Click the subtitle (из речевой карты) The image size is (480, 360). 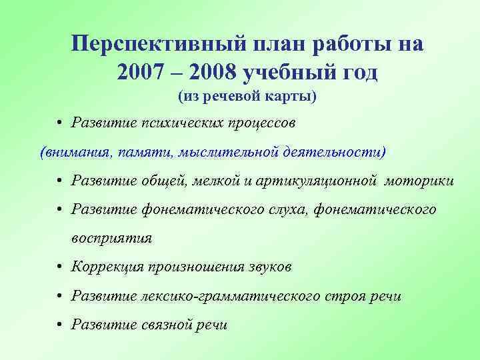(247, 97)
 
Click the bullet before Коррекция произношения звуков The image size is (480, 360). (60, 267)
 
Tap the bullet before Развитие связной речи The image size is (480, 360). (60, 325)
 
